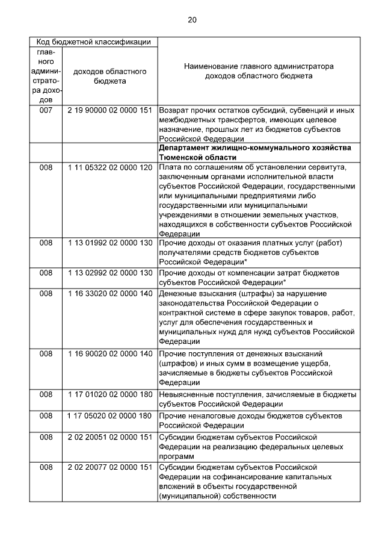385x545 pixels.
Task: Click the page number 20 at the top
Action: [x=192, y=20]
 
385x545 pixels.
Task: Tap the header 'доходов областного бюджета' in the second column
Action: [x=109, y=76]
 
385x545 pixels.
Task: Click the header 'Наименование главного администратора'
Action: [x=259, y=66]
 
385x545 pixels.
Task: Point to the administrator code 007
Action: [x=46, y=111]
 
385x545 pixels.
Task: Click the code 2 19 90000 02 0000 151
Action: [x=109, y=111]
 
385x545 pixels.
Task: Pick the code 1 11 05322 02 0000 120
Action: [x=109, y=167]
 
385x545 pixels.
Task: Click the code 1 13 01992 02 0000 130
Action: [x=109, y=243]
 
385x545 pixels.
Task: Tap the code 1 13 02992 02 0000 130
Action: [x=109, y=273]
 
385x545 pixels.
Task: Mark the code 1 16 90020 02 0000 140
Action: [x=109, y=353]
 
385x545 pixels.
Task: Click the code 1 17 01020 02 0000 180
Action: [x=109, y=394]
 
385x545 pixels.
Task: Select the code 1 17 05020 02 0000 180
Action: [x=109, y=416]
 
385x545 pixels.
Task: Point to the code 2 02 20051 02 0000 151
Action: [x=109, y=436]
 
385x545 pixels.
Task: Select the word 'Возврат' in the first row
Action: [x=174, y=111]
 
